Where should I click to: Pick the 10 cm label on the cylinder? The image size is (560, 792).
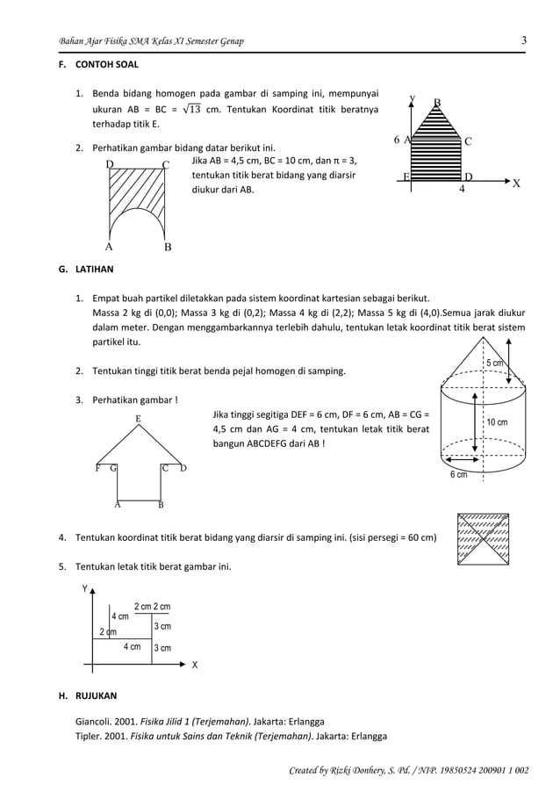click(496, 422)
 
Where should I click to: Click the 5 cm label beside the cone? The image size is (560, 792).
click(495, 364)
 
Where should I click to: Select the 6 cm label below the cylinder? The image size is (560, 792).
click(458, 475)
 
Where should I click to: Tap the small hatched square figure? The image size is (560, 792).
click(482, 537)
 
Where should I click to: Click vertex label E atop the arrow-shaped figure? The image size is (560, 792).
click(138, 420)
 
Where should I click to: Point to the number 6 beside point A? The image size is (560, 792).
click(397, 140)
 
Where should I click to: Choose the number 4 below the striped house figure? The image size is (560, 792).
click(463, 189)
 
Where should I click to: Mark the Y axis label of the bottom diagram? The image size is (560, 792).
click(85, 589)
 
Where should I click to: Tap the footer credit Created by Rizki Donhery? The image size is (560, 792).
click(408, 770)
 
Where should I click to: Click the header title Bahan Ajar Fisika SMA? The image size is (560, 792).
click(150, 41)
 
